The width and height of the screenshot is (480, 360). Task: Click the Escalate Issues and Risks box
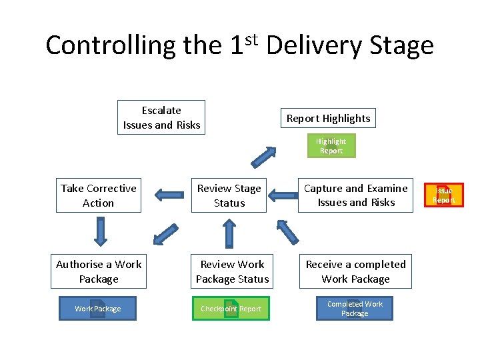pyautogui.click(x=161, y=117)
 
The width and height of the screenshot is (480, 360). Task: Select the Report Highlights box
pyautogui.click(x=328, y=119)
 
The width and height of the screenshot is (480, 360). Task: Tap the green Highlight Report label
pyautogui.click(x=331, y=146)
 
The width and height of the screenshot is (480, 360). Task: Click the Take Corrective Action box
pyautogui.click(x=99, y=195)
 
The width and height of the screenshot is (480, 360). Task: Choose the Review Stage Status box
pyautogui.click(x=229, y=195)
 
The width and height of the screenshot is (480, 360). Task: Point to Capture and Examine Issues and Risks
pyautogui.click(x=356, y=195)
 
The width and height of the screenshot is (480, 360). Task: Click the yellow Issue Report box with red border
pyautogui.click(x=444, y=195)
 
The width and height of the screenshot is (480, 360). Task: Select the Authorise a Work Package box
pyautogui.click(x=99, y=271)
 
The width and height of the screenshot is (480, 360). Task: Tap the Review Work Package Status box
pyautogui.click(x=232, y=271)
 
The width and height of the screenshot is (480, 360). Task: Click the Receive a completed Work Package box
pyautogui.click(x=355, y=271)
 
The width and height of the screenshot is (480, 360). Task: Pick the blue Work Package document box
pyautogui.click(x=98, y=309)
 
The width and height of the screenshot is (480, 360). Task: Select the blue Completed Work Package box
pyautogui.click(x=355, y=309)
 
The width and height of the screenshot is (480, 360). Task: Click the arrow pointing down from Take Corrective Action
pyautogui.click(x=100, y=232)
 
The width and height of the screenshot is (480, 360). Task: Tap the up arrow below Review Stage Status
pyautogui.click(x=229, y=233)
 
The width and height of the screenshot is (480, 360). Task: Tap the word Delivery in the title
pyautogui.click(x=311, y=45)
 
